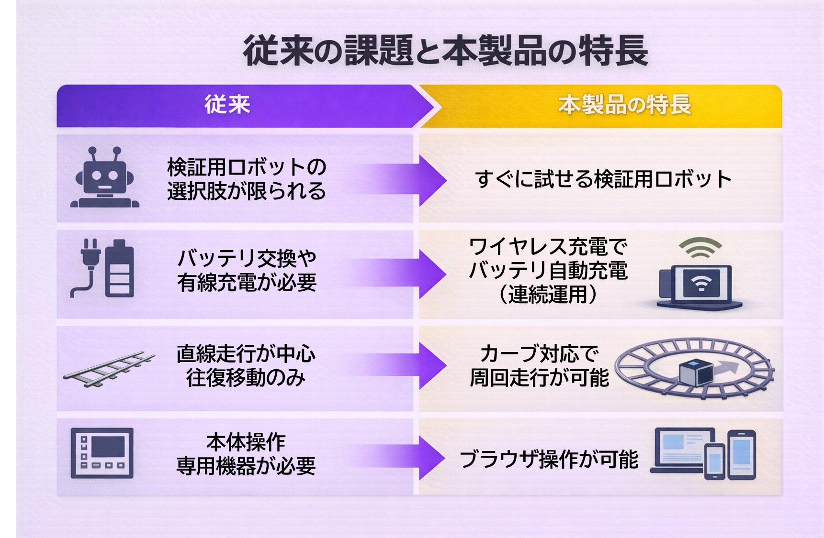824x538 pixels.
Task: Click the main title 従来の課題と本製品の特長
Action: (x=445, y=51)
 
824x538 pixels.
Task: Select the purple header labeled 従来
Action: (x=227, y=105)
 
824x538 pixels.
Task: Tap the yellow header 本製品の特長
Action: (x=624, y=105)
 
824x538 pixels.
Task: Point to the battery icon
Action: (x=119, y=269)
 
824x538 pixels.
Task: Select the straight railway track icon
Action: (x=109, y=369)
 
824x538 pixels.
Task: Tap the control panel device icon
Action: (x=102, y=453)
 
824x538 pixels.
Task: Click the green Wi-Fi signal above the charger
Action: (x=700, y=248)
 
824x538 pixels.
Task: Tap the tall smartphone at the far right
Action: (x=742, y=454)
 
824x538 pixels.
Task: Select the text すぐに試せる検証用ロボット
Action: (x=603, y=179)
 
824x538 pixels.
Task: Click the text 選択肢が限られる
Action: (x=247, y=191)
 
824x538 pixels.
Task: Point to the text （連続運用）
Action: (x=548, y=294)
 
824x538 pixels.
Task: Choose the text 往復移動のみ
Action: (x=246, y=378)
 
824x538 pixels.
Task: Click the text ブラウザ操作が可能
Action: (x=549, y=459)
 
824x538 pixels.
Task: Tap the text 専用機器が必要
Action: (x=246, y=466)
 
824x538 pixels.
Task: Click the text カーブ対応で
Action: (x=540, y=354)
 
